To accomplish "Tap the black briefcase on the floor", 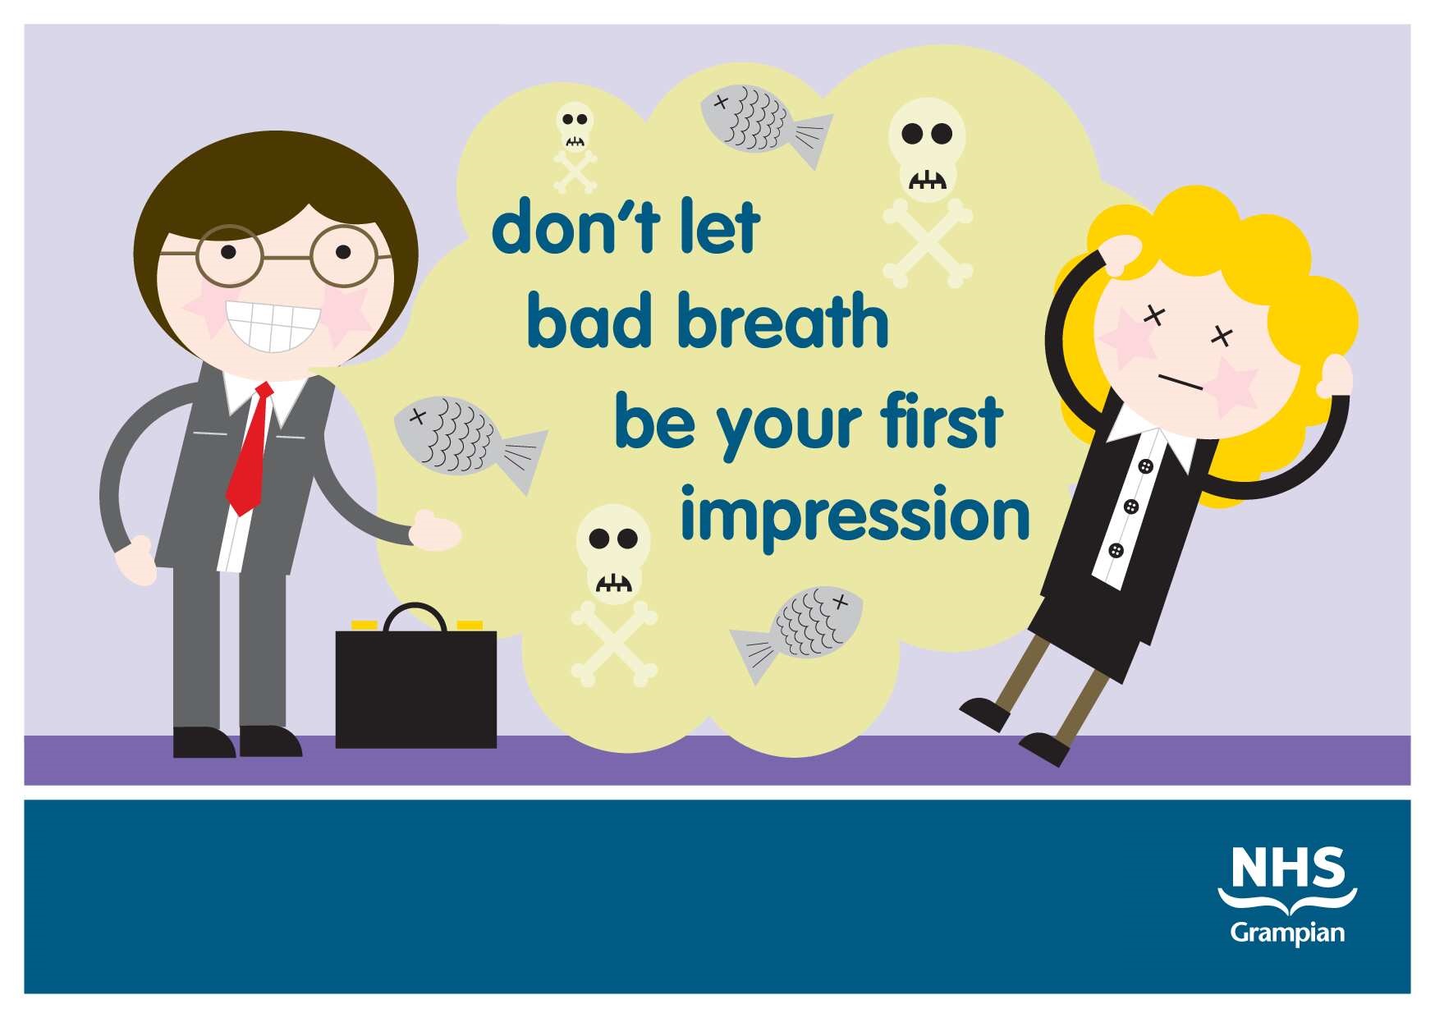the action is point(416,688).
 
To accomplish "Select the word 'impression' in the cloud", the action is point(855,516).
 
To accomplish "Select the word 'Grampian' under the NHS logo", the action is point(1287,933).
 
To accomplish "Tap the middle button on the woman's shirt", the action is point(1133,505).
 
